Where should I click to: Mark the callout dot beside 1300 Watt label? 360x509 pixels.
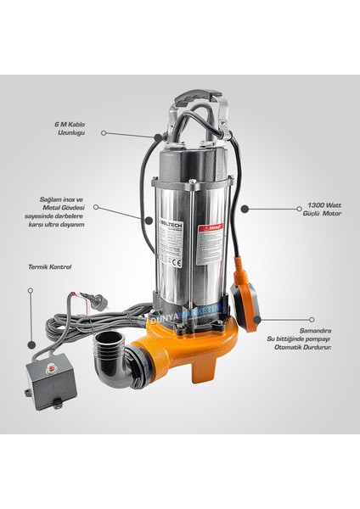point(244,208)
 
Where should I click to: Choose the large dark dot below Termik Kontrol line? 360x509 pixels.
point(31,344)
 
